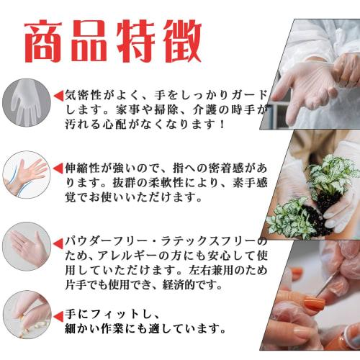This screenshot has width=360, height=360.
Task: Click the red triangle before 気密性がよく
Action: (x=58, y=95)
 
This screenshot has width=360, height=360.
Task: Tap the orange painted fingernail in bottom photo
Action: (x=314, y=304)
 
